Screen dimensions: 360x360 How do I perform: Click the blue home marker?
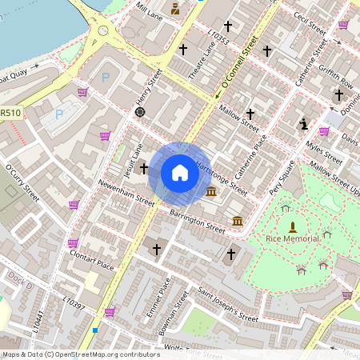coord(180,172)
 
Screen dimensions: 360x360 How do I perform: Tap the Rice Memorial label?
coord(292,238)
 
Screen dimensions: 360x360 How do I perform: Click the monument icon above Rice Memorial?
coord(292,226)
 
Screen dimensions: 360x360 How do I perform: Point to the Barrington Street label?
coord(198,220)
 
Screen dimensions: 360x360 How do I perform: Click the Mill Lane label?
coord(149,10)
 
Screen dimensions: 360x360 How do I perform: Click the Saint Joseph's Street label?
coord(228,306)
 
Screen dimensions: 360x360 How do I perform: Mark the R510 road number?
coord(10,113)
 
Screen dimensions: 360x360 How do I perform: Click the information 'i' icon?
coord(303,123)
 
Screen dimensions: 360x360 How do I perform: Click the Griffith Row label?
coord(335,74)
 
